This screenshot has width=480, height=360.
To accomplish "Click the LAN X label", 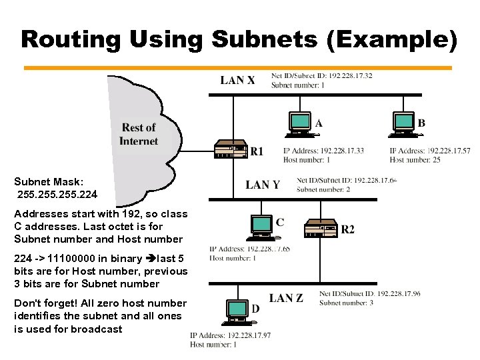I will tap(237, 81).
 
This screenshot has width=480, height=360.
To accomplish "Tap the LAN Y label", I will tap(263, 185).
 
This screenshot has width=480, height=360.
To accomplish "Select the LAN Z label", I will tap(286, 298).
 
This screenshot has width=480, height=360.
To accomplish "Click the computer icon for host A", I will tap(301, 124).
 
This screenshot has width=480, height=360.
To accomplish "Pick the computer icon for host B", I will tap(404, 124).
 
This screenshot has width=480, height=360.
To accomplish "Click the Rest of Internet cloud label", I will tap(139, 134).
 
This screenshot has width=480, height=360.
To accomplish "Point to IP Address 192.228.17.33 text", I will tap(323, 151).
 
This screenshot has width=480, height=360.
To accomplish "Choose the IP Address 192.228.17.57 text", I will tap(429, 151).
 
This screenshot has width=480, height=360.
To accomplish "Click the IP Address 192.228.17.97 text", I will tap(230, 335).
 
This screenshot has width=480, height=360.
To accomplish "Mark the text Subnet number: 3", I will tap(346, 303).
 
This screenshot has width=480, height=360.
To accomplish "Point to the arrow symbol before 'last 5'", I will tap(150, 259).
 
